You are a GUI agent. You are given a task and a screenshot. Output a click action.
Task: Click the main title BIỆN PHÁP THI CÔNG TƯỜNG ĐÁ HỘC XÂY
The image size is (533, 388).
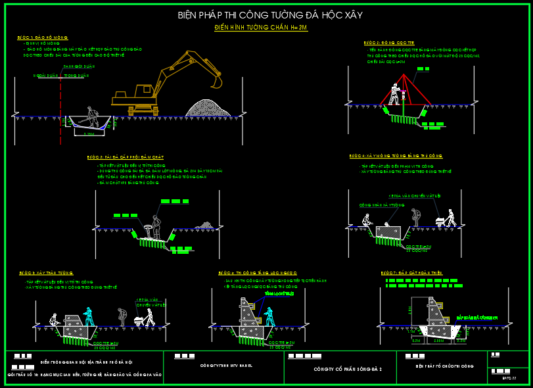pos(269,15)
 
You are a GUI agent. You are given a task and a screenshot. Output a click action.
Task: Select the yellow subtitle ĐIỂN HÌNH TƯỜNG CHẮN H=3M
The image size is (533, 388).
pos(261,28)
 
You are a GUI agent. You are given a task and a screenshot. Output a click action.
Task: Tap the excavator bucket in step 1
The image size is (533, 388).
pos(216,81)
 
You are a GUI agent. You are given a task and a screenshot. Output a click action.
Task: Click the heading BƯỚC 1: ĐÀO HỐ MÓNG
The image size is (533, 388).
pos(43,38)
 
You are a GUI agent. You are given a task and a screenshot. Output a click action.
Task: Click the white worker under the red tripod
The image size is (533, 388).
pos(395,94)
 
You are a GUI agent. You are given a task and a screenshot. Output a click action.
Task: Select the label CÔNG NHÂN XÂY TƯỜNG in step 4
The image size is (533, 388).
pos(381,205)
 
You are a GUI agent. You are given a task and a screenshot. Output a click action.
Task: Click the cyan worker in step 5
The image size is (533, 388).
pos(88,318)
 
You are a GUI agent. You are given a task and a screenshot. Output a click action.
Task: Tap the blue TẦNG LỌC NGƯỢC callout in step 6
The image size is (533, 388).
pos(276,294)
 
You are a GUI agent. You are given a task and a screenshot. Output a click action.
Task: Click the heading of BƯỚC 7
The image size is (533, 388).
pos(409,272)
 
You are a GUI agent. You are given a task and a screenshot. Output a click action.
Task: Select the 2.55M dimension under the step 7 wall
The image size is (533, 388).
pos(439,341)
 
